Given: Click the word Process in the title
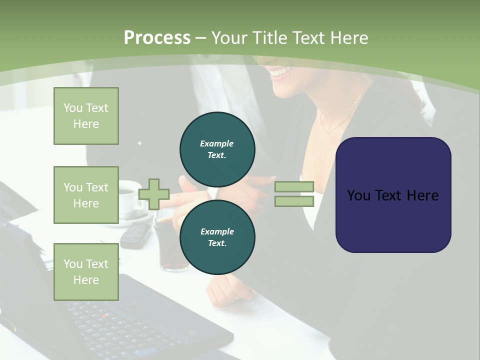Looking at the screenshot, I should [157, 37].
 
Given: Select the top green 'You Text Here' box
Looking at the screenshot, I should [86, 116].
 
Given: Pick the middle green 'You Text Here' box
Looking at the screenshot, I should [86, 195].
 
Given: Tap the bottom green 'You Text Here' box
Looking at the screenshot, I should [86, 271].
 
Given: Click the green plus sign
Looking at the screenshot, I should [154, 194].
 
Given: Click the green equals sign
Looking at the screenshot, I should [294, 194].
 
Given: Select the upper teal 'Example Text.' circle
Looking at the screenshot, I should [217, 149].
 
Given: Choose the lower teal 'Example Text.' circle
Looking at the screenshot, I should [217, 237].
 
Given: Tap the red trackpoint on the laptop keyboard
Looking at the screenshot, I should [105, 316].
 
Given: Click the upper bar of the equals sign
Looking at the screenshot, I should [294, 187].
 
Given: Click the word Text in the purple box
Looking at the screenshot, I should [393, 195].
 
